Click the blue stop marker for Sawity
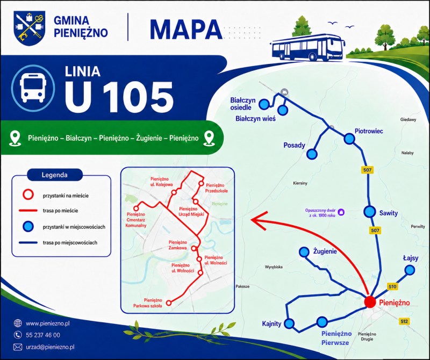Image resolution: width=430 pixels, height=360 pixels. coord(369,212)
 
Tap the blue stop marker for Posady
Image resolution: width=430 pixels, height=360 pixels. coord(312,154)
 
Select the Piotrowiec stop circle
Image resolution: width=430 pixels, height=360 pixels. coord(349,139)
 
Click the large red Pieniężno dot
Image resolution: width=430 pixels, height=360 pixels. coord(370,301)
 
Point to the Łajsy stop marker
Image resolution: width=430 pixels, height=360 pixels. coord(410,270)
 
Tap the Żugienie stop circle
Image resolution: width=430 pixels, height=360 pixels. coord(304,252)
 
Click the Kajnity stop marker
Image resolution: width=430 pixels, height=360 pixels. coord(289,323)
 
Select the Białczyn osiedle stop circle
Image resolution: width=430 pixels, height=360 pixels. coord(264,104)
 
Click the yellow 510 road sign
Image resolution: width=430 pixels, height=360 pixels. coord(392,287)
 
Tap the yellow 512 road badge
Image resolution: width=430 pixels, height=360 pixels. coord(404,321)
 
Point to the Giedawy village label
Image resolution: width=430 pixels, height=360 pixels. coord(408,119)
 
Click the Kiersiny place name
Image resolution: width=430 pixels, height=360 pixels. coord(300,183)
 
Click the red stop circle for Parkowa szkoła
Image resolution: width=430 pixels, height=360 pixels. coord(169,303)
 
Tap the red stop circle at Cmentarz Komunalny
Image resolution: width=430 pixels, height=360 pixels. coord(136,208)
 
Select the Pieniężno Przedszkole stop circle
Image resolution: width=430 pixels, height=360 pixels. coord(201,183)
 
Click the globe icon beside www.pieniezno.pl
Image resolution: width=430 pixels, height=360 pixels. coord(18,323)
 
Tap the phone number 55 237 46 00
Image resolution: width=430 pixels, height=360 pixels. coord(43,335)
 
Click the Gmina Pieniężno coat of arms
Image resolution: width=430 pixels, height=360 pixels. coord(30,28)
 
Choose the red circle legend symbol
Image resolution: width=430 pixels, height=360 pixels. coord(28,195)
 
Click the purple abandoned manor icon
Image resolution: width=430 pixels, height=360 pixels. coord(341,212)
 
